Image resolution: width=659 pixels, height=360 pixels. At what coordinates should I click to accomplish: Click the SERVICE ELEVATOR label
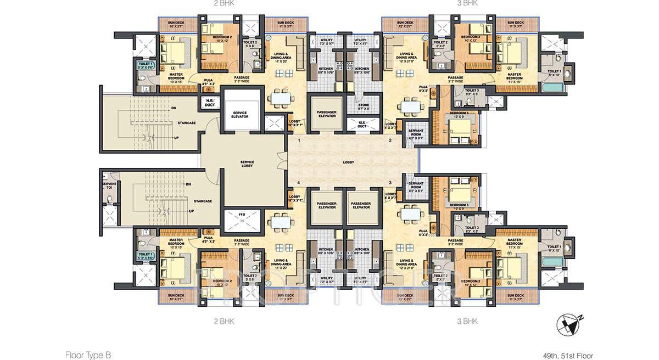pos(240,115)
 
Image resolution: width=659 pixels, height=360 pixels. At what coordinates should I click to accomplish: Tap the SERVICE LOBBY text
pos(247,164)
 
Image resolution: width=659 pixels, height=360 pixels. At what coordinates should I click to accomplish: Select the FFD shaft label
pos(241,213)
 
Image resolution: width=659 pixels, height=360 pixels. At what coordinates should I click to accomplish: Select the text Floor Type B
pos(88,355)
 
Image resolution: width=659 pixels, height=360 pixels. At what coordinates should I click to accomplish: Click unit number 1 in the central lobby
pos(299,141)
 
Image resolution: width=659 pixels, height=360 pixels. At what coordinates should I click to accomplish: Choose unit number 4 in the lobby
pos(299,182)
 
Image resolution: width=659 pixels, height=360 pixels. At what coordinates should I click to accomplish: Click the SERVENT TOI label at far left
pos(109,186)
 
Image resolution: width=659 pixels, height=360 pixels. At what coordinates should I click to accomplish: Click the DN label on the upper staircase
pos(173,108)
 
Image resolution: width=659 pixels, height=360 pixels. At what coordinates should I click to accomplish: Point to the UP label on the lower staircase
pos(191,211)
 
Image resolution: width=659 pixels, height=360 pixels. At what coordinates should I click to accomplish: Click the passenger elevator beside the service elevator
pos(327,114)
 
